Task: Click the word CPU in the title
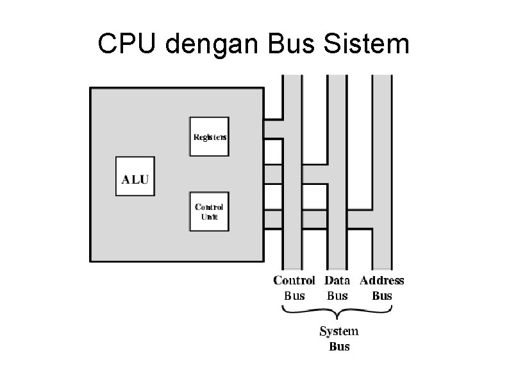tap(126, 44)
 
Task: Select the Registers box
tap(209, 136)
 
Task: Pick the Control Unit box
tap(209, 211)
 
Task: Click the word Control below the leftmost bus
tap(294, 281)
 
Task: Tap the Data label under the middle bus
tap(337, 281)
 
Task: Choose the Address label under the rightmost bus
tap(382, 281)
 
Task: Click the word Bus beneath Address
tap(382, 296)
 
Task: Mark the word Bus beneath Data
tap(337, 296)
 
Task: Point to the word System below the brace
tap(339, 331)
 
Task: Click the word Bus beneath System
tap(339, 347)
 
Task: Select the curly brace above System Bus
tap(338, 314)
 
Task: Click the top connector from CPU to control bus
tap(273, 129)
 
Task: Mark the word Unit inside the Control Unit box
tap(209, 217)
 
